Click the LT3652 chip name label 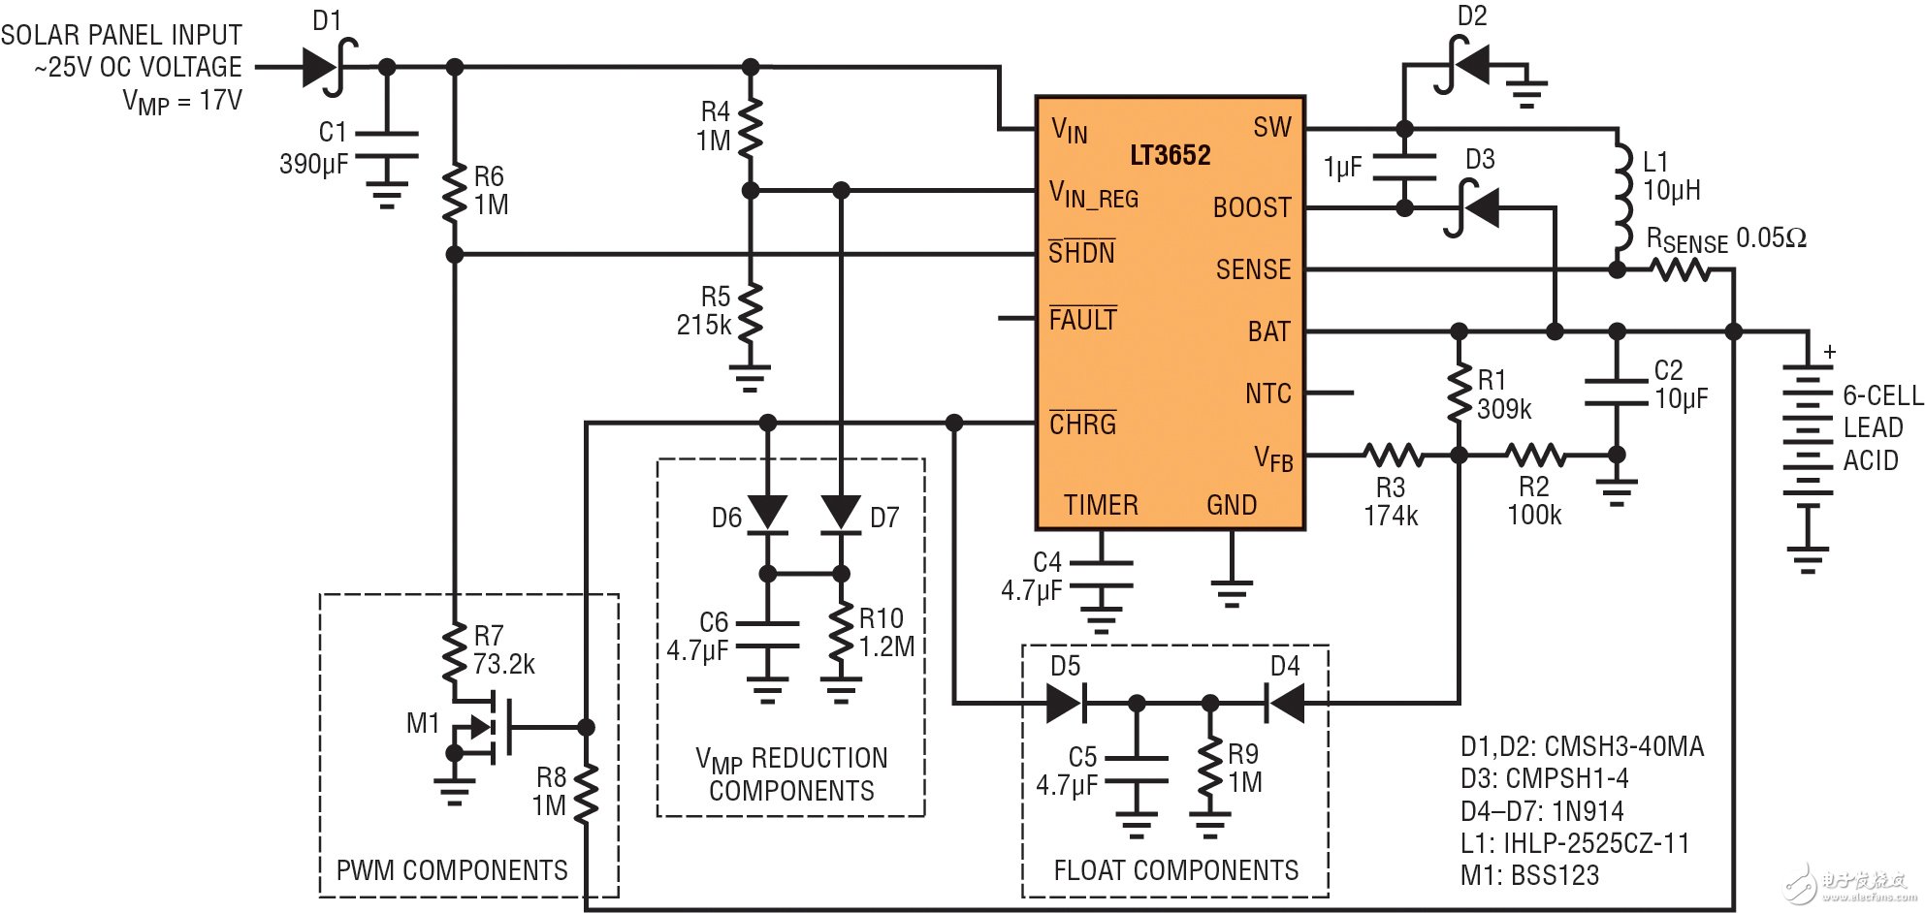[x=1170, y=155]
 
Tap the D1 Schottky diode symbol [x=325, y=67]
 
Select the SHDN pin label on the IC [x=1081, y=253]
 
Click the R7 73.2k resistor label [x=502, y=650]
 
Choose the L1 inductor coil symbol [x=1619, y=199]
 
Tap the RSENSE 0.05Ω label [x=1726, y=239]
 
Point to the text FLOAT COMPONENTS [x=1175, y=870]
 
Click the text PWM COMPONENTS [x=452, y=870]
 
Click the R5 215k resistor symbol [x=750, y=312]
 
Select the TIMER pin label [x=1101, y=505]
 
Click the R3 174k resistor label [x=1391, y=501]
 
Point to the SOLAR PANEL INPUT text [x=121, y=36]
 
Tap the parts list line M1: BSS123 [x=1529, y=875]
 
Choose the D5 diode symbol [x=1065, y=702]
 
